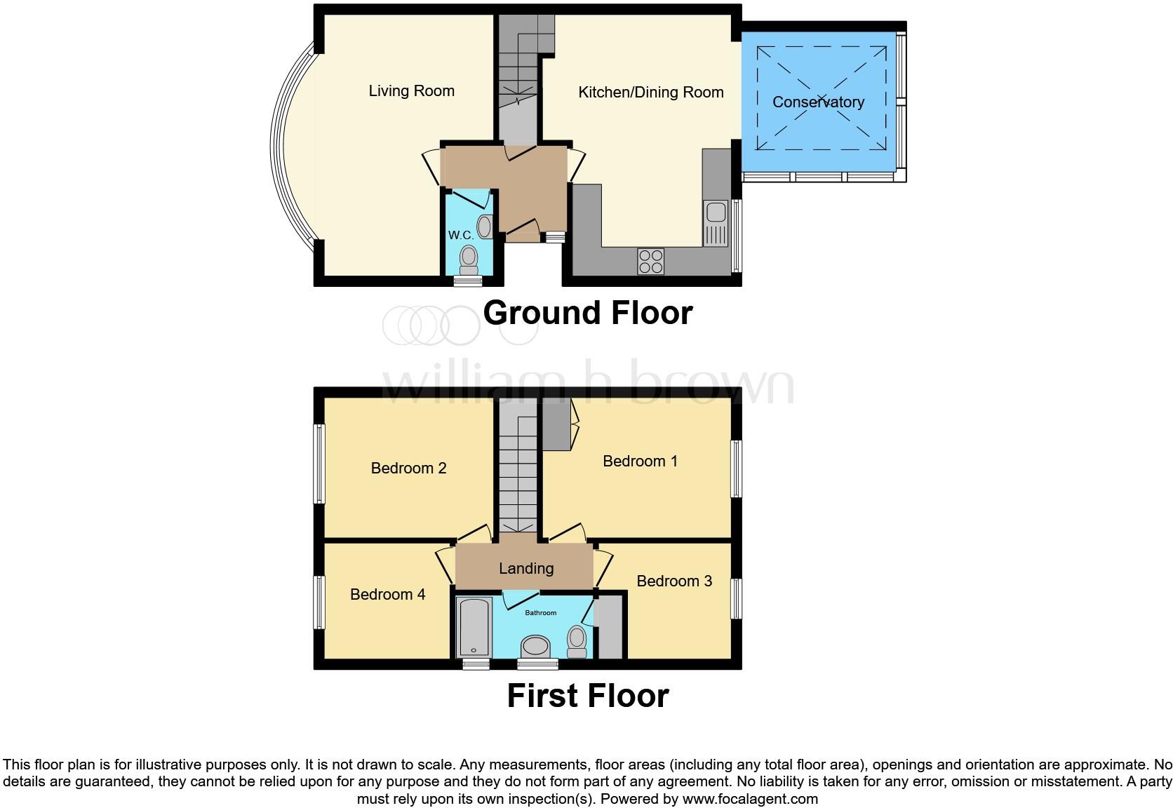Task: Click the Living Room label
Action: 412,91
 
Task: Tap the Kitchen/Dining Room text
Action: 650,93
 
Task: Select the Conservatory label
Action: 818,102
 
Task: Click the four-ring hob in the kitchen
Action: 650,261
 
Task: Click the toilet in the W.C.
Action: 468,260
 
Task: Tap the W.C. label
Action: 461,236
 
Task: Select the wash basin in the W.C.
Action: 484,227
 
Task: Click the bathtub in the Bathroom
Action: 474,628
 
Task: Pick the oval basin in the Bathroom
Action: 537,647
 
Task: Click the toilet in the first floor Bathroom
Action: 577,641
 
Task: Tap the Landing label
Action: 526,569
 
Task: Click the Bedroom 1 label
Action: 640,462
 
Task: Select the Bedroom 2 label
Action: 408,469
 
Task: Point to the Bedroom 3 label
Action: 674,581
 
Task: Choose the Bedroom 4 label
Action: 387,595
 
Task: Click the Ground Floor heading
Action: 587,313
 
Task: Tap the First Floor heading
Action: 587,696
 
